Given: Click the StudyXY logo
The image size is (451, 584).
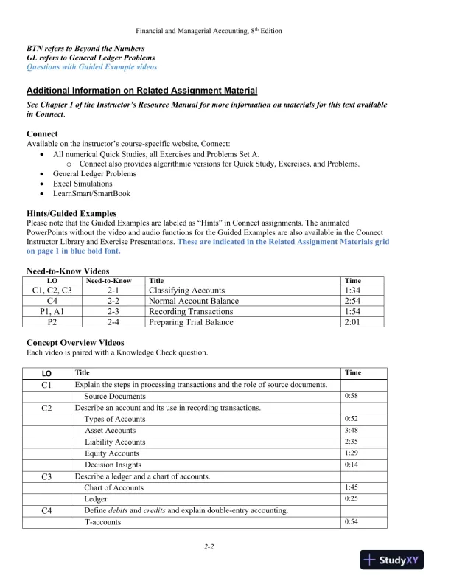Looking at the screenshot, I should tap(391, 560).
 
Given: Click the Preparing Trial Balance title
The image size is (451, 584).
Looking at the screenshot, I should tap(191, 321).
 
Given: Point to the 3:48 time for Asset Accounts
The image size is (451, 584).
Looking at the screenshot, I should tap(351, 430).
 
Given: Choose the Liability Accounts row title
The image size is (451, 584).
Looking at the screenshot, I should tap(115, 442).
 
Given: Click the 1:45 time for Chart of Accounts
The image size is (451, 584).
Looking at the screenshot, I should tap(351, 487).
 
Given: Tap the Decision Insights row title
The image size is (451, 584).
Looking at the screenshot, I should tap(113, 465).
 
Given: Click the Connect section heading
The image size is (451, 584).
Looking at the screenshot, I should tap(42, 133).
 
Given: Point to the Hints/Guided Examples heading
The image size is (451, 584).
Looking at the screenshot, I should tap(71, 213).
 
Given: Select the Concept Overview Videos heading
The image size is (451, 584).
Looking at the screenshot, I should tap(75, 342).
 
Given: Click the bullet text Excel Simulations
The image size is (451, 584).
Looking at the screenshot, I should tap(83, 184).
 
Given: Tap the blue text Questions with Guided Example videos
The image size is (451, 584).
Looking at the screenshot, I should tap(91, 67).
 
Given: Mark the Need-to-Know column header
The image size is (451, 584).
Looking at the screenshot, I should tap(108, 281).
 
